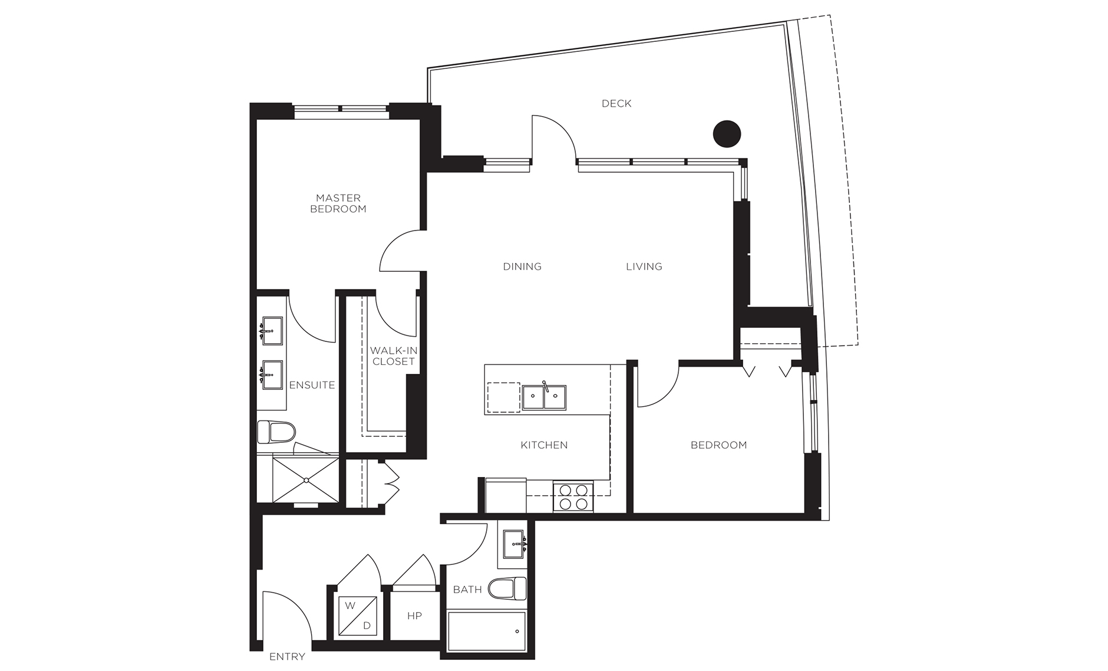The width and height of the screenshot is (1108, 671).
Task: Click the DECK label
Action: point(616,104)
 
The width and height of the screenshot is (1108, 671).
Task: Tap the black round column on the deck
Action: point(727,134)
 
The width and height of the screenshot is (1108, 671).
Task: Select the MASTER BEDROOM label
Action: point(338,203)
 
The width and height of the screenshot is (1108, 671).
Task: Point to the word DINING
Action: point(522,267)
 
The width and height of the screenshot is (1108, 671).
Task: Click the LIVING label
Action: point(644,267)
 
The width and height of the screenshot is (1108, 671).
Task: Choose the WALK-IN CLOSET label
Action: point(394,356)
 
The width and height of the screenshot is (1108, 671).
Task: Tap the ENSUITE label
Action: point(312,385)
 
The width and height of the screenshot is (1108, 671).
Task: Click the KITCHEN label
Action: point(544,445)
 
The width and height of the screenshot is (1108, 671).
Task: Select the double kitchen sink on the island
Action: point(544,397)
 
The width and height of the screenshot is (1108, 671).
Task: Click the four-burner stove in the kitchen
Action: point(573,496)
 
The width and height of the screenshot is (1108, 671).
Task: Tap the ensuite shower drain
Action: point(306,480)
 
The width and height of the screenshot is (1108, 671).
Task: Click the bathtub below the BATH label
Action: point(487,631)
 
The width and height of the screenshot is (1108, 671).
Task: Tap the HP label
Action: point(414,616)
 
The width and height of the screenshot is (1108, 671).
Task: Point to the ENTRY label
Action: point(287,656)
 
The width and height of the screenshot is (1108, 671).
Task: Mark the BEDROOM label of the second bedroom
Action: point(718,445)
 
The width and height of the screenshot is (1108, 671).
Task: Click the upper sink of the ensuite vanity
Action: point(272,331)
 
